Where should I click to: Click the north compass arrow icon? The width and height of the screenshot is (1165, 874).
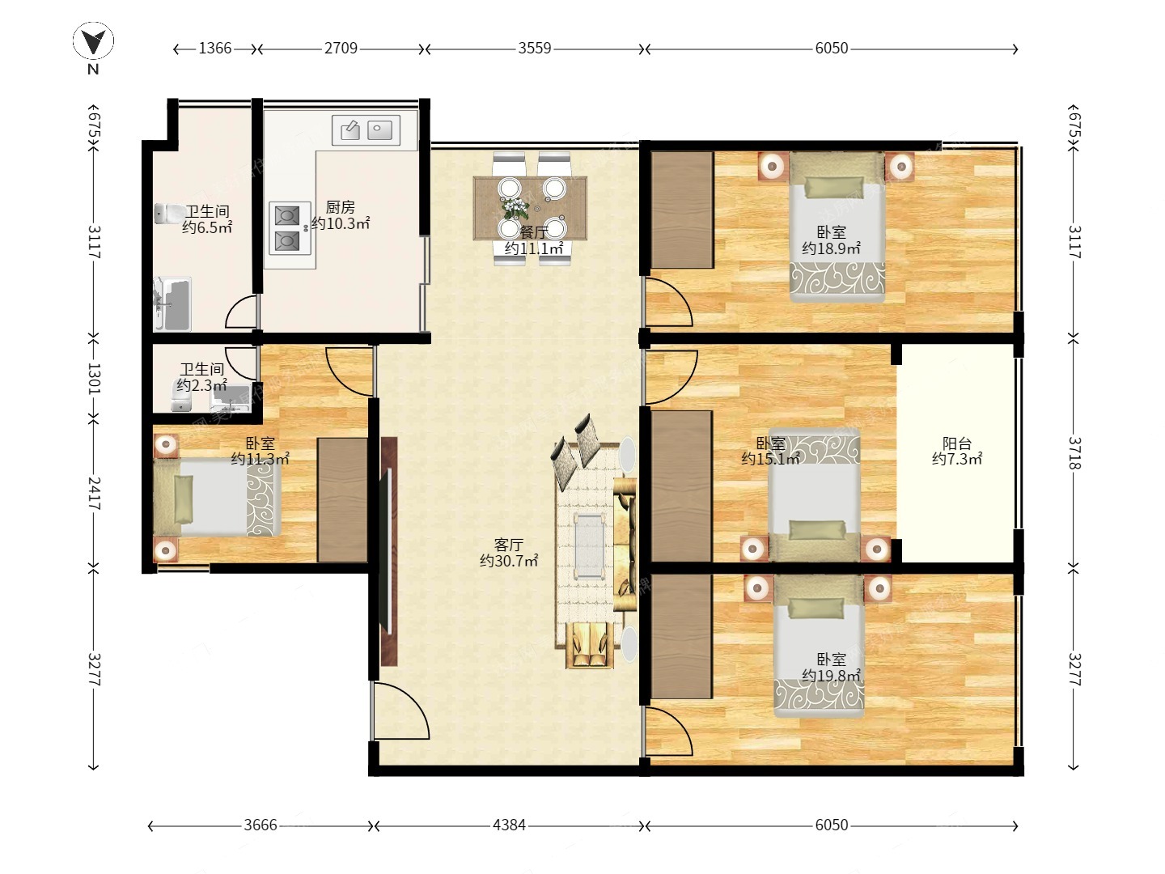pyautogui.click(x=93, y=41)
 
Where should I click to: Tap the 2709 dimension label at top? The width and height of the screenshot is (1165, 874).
pyautogui.click(x=341, y=49)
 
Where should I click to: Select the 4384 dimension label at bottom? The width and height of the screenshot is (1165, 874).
pyautogui.click(x=508, y=825)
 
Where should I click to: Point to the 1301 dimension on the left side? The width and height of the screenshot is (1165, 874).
pyautogui.click(x=94, y=379)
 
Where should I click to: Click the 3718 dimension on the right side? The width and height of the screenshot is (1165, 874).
pyautogui.click(x=1074, y=453)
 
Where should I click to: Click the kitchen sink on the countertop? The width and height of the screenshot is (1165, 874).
pyautogui.click(x=366, y=130)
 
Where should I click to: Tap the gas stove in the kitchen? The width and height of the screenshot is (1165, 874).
pyautogui.click(x=287, y=228)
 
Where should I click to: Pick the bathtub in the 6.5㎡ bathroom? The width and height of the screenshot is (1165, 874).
pyautogui.click(x=172, y=304)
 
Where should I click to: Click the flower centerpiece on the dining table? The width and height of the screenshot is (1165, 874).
pyautogui.click(x=514, y=207)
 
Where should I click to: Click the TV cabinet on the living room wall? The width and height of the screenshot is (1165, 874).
pyautogui.click(x=389, y=552)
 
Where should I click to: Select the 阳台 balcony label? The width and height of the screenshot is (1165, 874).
pyautogui.click(x=957, y=443)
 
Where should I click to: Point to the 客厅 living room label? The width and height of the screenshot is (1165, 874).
pyautogui.click(x=508, y=545)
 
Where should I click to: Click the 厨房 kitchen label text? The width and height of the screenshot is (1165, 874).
pyautogui.click(x=341, y=207)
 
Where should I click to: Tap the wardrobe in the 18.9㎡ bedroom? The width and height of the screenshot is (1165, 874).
pyautogui.click(x=682, y=210)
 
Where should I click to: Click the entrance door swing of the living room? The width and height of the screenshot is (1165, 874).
pyautogui.click(x=401, y=711)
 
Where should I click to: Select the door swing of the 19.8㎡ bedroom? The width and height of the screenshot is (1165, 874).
pyautogui.click(x=668, y=731)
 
